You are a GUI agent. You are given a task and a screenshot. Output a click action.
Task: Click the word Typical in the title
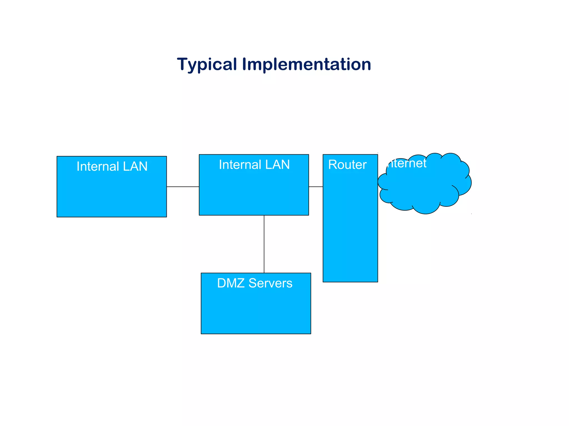coord(207,64)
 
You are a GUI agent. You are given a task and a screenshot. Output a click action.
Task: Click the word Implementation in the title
coord(306,64)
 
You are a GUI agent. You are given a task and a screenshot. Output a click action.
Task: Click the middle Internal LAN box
coord(254,191)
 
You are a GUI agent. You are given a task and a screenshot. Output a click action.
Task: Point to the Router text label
coord(347,165)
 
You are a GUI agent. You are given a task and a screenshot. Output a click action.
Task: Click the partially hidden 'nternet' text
coord(407,163)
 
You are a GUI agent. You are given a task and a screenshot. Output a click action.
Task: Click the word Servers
coord(270,283)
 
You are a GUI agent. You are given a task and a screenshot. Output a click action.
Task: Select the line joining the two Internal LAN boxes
coord(183,187)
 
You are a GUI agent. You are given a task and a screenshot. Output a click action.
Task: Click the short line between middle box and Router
coord(316,187)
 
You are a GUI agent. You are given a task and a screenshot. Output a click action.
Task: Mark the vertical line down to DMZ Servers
coord(264,244)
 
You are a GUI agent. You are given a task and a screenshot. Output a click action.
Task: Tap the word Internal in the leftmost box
coord(98,167)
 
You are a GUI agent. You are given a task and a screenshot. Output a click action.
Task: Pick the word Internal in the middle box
coord(240,165)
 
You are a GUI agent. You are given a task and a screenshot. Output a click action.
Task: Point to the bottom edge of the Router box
coord(350,282)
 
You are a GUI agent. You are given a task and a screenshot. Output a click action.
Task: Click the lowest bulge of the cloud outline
coord(426,213)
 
